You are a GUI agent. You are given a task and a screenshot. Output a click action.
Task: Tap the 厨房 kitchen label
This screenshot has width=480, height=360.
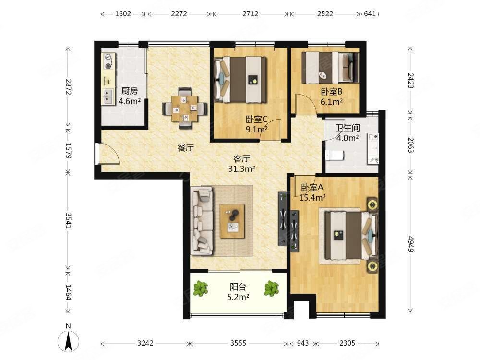point(130,91)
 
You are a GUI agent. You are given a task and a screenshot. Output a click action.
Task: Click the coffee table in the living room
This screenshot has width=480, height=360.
point(232,221)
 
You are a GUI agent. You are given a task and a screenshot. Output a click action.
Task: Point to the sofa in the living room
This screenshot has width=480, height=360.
point(202,221)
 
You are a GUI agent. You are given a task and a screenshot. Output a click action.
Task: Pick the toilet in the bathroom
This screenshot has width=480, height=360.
point(334,156)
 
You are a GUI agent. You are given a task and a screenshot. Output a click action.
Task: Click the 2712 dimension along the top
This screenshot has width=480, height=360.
point(251,14)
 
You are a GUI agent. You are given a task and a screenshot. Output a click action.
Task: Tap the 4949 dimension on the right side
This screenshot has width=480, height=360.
point(411,244)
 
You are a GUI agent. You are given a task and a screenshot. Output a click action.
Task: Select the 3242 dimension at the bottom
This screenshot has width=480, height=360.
point(145,343)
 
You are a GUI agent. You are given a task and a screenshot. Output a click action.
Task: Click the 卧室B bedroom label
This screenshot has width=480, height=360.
point(332,92)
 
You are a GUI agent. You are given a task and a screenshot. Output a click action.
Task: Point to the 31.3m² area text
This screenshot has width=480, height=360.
point(242,168)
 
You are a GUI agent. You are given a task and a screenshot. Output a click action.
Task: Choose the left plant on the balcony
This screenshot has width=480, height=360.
point(201,288)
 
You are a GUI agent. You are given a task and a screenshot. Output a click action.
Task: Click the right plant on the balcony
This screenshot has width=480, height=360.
point(272,288)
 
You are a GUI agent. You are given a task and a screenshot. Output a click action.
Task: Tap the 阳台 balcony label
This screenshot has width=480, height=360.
point(238,287)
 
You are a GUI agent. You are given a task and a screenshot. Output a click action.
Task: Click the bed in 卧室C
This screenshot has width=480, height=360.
point(240,79)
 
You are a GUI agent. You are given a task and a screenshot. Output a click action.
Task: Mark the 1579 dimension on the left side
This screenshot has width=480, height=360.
point(68,151)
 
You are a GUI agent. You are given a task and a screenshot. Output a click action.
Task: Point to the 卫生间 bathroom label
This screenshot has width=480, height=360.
point(348,128)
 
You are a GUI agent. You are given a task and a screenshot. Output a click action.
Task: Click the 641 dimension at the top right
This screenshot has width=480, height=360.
point(370,14)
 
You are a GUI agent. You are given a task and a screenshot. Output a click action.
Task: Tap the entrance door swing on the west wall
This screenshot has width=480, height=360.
point(107,154)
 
